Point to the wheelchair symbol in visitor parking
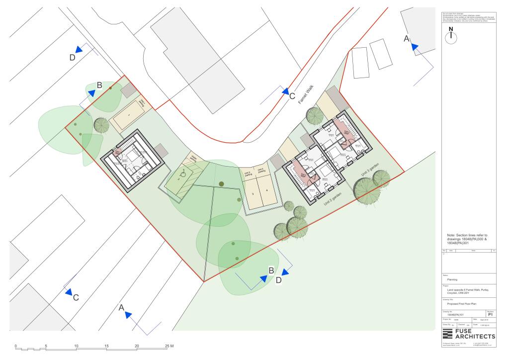click(x=184, y=175)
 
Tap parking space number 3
click(x=253, y=193)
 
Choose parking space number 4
click(x=267, y=191)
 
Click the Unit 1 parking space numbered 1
click(x=129, y=116)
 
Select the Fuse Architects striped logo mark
click(x=447, y=333)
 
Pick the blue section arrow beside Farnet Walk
click(x=285, y=92)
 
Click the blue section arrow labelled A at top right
click(x=414, y=46)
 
